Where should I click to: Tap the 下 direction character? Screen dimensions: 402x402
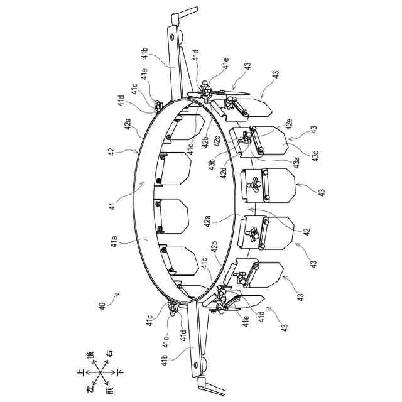coord(121,372)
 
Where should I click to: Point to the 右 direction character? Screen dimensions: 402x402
coord(110,354)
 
